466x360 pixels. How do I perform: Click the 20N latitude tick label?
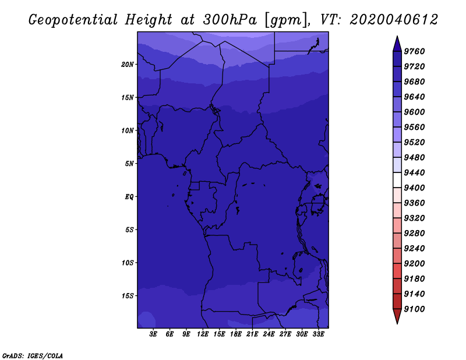(x=128, y=65)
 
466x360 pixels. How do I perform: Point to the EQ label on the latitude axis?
(x=129, y=197)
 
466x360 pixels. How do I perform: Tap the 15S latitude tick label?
(x=128, y=296)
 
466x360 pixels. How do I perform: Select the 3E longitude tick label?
(x=153, y=334)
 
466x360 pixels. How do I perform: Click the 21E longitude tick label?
(x=252, y=334)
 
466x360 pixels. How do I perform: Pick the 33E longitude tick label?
(x=318, y=334)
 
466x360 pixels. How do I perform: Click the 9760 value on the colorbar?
(x=414, y=51)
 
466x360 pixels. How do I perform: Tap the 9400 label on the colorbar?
(x=414, y=188)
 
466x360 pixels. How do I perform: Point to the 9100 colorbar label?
(x=414, y=309)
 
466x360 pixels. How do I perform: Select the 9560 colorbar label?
(x=414, y=127)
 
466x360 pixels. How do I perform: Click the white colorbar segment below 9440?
(x=397, y=180)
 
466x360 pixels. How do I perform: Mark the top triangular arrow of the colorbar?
(x=397, y=44)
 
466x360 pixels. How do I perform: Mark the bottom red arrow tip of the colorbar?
(x=397, y=323)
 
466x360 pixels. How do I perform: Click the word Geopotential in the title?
(x=73, y=20)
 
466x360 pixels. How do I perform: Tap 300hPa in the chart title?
(x=230, y=20)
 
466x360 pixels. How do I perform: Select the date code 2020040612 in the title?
(x=394, y=20)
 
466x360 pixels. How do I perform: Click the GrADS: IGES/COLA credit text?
(x=33, y=356)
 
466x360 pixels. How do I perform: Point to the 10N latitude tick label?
(x=128, y=130)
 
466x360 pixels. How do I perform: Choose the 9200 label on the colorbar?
(x=414, y=264)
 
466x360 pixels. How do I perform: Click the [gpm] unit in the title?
(x=286, y=20)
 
